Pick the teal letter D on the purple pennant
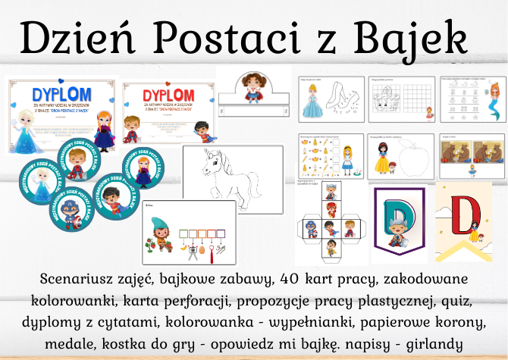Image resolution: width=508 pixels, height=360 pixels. pyautogui.click(x=400, y=214)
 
